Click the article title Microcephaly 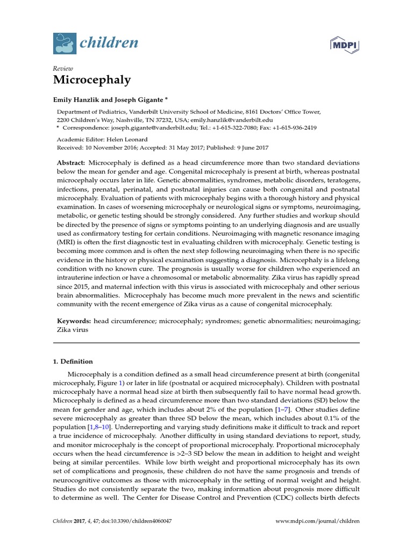(92, 80)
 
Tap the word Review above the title (63, 68)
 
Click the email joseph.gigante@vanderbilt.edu (149, 128)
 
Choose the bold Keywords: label (74, 321)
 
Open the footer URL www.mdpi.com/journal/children (317, 521)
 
